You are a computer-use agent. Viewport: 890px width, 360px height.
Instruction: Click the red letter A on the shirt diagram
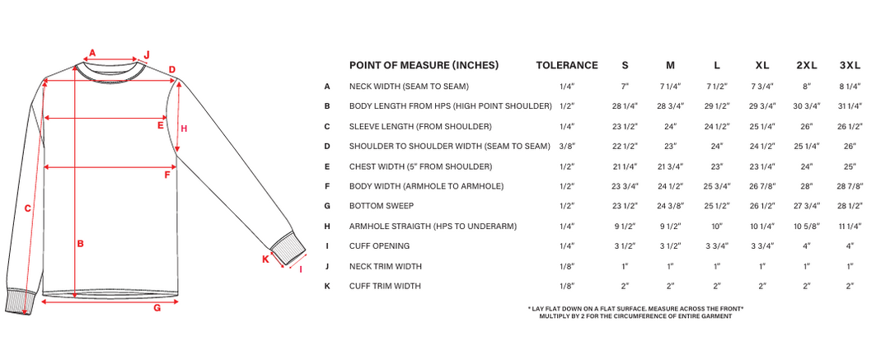(x=92, y=52)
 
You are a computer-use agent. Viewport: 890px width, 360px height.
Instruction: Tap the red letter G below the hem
(x=156, y=309)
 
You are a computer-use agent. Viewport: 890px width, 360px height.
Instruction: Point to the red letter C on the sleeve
(x=27, y=208)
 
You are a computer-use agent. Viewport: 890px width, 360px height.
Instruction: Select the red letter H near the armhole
(x=185, y=128)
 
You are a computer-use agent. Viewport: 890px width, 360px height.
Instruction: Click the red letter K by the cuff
(x=265, y=259)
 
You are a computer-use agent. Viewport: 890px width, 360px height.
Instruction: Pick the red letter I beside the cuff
(x=300, y=269)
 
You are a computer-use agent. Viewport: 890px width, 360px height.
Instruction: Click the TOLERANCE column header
(x=566, y=66)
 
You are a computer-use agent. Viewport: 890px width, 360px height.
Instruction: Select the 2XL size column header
(x=806, y=66)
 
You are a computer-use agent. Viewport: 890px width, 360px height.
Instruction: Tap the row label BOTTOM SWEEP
(x=381, y=206)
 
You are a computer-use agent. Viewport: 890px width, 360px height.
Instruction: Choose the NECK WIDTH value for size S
(x=625, y=86)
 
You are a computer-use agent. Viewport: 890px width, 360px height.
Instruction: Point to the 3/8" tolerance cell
(x=566, y=146)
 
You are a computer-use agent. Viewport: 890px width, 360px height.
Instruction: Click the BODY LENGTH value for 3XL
(x=850, y=106)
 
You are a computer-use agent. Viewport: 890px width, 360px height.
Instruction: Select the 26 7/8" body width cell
(x=761, y=186)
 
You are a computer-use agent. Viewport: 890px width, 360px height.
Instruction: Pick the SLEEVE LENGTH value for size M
(x=670, y=126)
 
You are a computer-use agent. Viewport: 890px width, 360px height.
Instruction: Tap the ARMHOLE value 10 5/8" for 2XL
(x=806, y=226)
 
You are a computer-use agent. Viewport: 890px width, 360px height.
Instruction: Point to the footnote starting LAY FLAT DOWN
(x=635, y=308)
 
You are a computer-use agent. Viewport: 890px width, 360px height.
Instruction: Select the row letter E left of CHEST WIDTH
(x=327, y=166)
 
